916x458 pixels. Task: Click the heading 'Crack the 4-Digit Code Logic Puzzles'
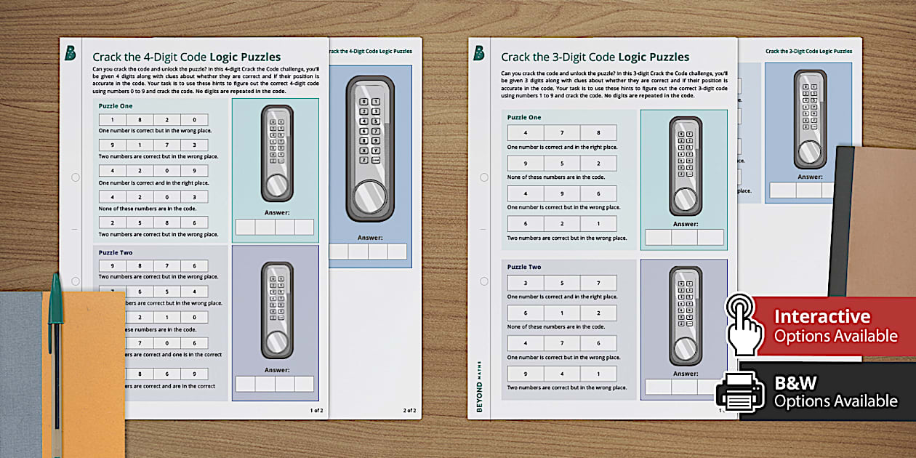click(186, 57)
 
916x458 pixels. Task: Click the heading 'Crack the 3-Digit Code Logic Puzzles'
click(595, 57)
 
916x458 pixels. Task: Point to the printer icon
click(740, 393)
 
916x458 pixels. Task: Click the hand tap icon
click(743, 324)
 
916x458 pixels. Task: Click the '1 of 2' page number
click(316, 411)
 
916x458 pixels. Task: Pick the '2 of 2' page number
click(409, 411)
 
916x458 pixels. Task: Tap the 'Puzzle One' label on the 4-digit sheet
click(116, 105)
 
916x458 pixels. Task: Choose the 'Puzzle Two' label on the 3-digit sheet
click(524, 267)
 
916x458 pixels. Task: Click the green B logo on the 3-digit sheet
click(479, 53)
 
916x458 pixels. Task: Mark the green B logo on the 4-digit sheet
click(71, 53)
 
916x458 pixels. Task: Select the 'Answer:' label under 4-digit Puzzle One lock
click(276, 213)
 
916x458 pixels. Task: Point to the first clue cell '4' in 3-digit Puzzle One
click(526, 132)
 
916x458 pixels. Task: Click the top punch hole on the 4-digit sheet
click(75, 177)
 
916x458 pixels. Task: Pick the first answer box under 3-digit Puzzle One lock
click(659, 237)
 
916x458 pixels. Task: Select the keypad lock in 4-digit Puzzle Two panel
click(276, 311)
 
